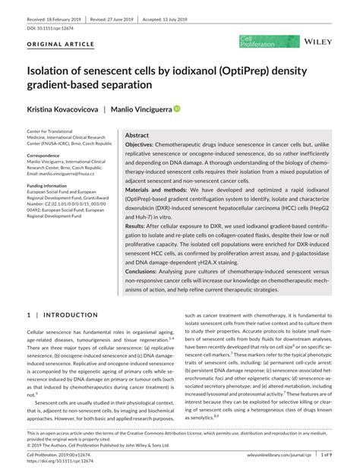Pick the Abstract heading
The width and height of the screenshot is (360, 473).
point(137,134)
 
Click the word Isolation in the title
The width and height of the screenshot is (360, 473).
point(55,71)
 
